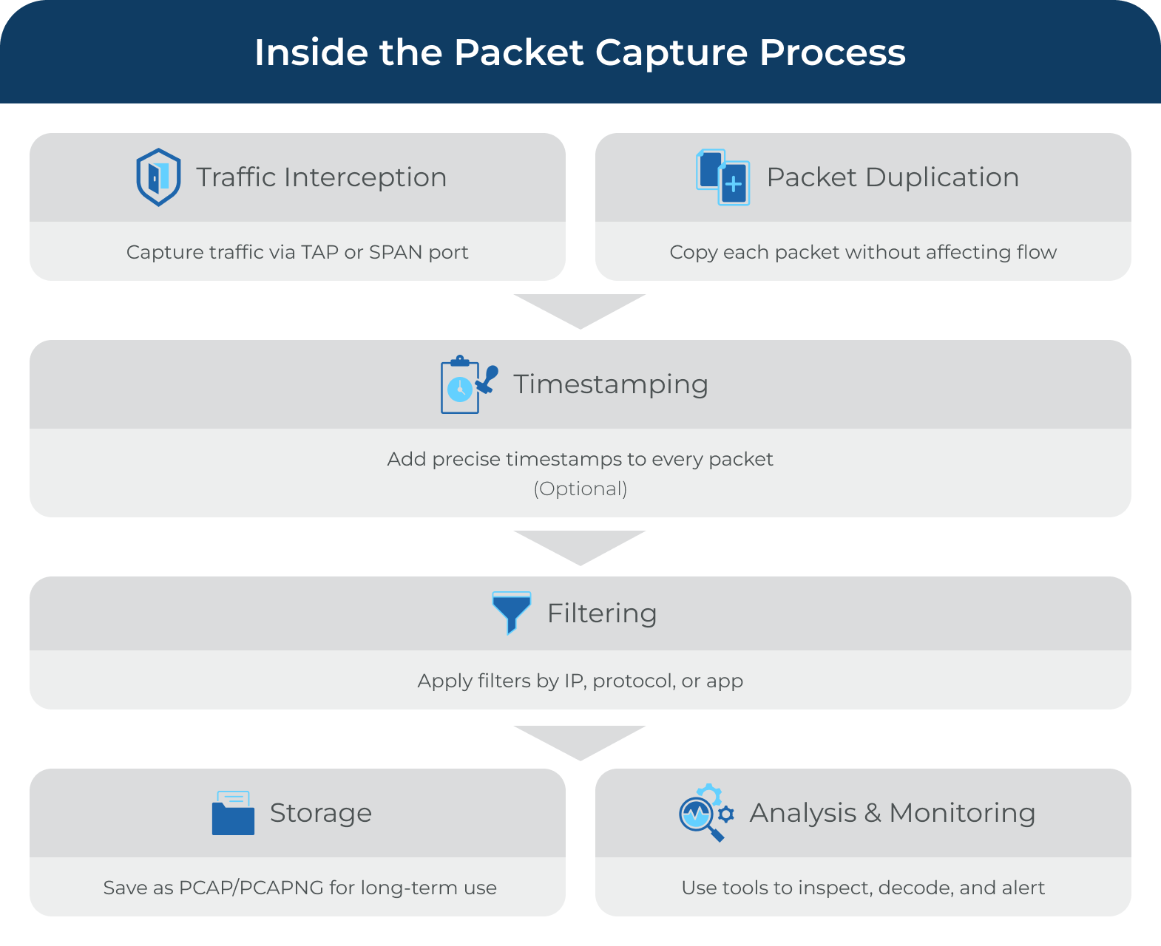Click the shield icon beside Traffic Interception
click(158, 177)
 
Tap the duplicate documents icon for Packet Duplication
click(722, 177)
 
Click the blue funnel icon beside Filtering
click(511, 613)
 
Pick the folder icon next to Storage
click(233, 813)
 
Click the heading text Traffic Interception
click(321, 177)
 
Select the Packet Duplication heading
click(893, 177)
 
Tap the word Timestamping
click(611, 384)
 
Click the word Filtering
click(602, 613)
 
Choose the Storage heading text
click(320, 813)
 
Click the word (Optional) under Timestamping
click(580, 489)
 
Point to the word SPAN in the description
click(396, 252)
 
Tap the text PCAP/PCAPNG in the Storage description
click(251, 888)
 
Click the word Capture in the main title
click(672, 52)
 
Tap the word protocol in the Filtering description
click(633, 681)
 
